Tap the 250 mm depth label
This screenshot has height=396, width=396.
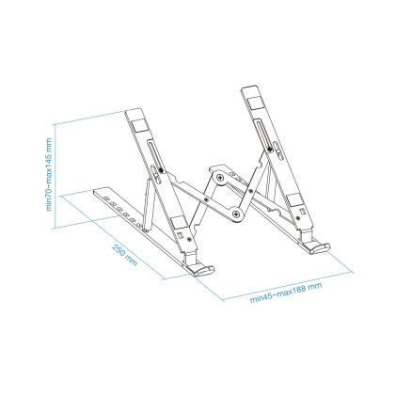124,255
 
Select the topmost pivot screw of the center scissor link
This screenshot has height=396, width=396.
219,176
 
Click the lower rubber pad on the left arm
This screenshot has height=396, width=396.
182,225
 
